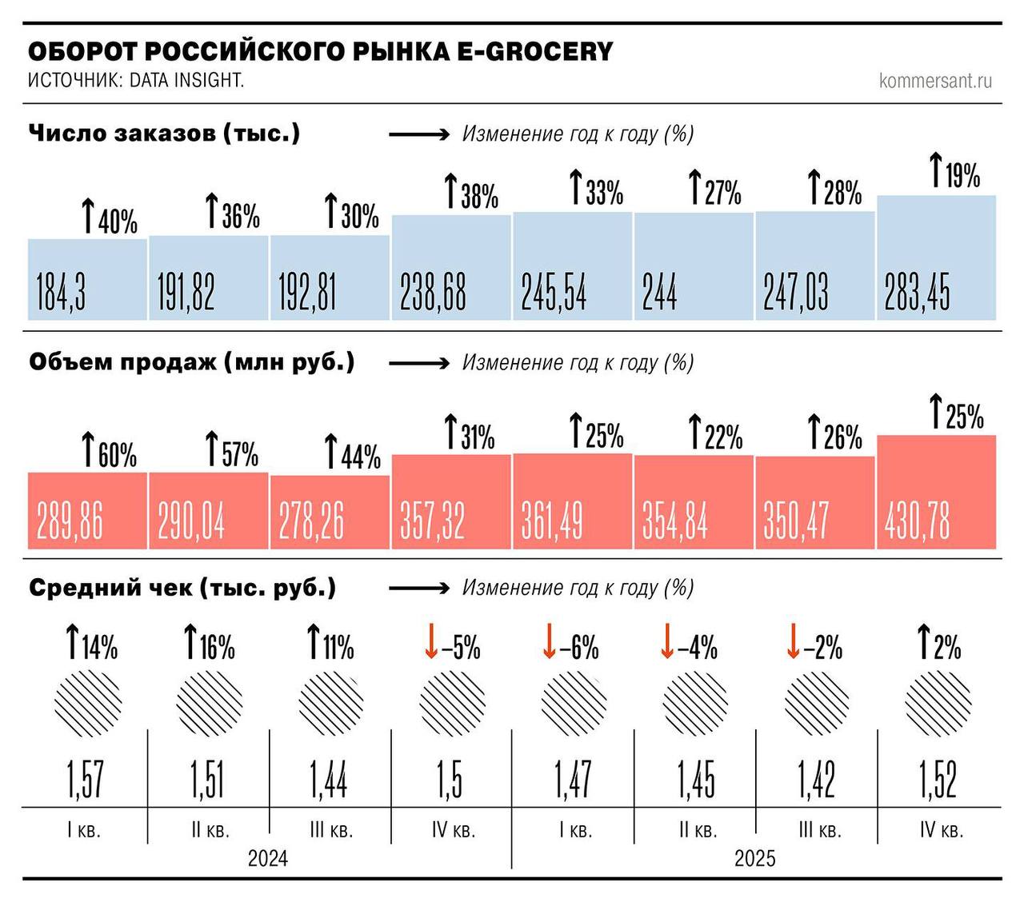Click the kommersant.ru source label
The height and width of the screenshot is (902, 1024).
pos(935,80)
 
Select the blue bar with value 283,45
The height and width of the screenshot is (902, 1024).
pos(936,257)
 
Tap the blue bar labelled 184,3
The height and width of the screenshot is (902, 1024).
pos(87,279)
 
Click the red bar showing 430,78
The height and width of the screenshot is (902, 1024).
pos(936,492)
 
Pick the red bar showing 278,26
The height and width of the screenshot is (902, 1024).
pos(330,513)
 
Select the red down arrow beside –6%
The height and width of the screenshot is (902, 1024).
pos(549,642)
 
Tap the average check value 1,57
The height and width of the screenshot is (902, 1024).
pos(85,779)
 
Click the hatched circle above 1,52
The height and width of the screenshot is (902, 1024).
pos(938,704)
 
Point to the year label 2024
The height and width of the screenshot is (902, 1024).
pos(267,858)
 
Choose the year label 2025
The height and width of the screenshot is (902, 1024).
pos(754,858)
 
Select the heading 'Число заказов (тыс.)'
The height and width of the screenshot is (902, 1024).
pos(164,133)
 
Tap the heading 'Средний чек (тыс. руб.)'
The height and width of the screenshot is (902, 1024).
pos(182,588)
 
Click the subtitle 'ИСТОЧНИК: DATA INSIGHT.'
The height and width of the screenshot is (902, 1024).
pos(136,80)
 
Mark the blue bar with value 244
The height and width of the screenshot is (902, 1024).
pos(694,266)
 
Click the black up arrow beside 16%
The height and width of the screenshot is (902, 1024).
pos(190,642)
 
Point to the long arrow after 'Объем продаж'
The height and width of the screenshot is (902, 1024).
pos(419,363)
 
